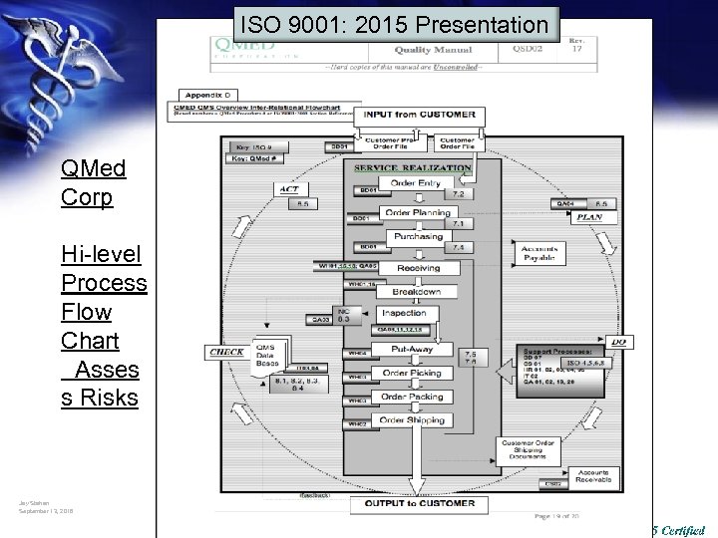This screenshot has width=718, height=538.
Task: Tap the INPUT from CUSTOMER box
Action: pos(419,115)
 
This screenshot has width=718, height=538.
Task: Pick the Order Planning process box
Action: pos(417,211)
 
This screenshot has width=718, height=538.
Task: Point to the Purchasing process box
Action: pos(417,237)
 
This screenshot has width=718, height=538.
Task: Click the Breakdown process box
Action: pos(417,292)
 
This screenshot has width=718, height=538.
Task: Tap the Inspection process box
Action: pos(403,313)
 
